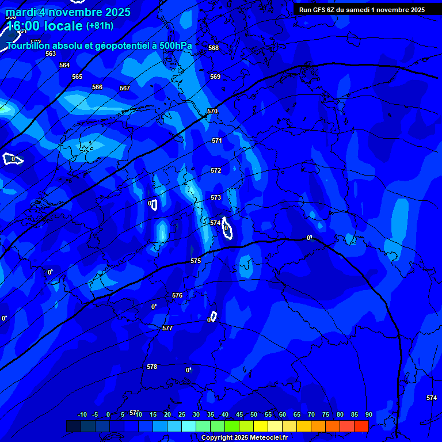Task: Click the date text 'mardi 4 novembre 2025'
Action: click(68, 12)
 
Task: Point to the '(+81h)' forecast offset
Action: click(100, 26)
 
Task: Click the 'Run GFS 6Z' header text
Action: click(320, 10)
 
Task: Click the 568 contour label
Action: click(214, 48)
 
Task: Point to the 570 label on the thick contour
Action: click(212, 111)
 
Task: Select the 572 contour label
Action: click(216, 170)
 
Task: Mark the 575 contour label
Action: click(196, 261)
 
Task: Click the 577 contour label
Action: click(167, 328)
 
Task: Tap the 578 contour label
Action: click(152, 367)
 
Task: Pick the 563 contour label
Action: click(51, 54)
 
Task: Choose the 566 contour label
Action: click(97, 87)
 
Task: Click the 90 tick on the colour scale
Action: click(368, 415)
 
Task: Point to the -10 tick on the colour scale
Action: click(82, 415)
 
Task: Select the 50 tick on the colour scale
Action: click(254, 415)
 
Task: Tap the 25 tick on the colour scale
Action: click(182, 415)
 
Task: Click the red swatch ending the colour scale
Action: click(361, 426)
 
